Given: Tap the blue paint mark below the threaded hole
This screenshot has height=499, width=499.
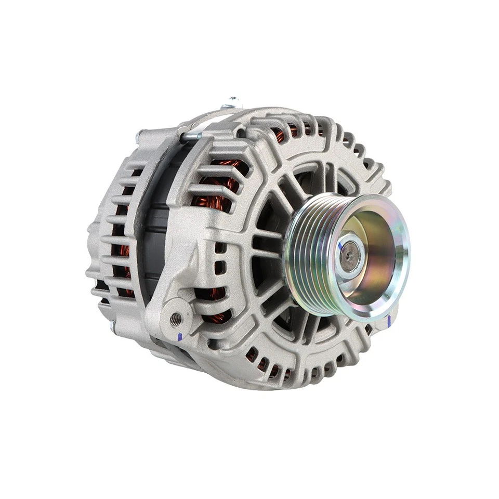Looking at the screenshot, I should click(179, 337).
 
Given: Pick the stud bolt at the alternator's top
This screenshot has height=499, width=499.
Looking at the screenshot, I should click(232, 102).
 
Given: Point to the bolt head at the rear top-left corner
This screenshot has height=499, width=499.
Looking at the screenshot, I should click(139, 136).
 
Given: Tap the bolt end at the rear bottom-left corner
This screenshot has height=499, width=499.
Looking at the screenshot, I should click(113, 326).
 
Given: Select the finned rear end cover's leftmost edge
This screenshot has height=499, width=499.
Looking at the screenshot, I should click(90, 260).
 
